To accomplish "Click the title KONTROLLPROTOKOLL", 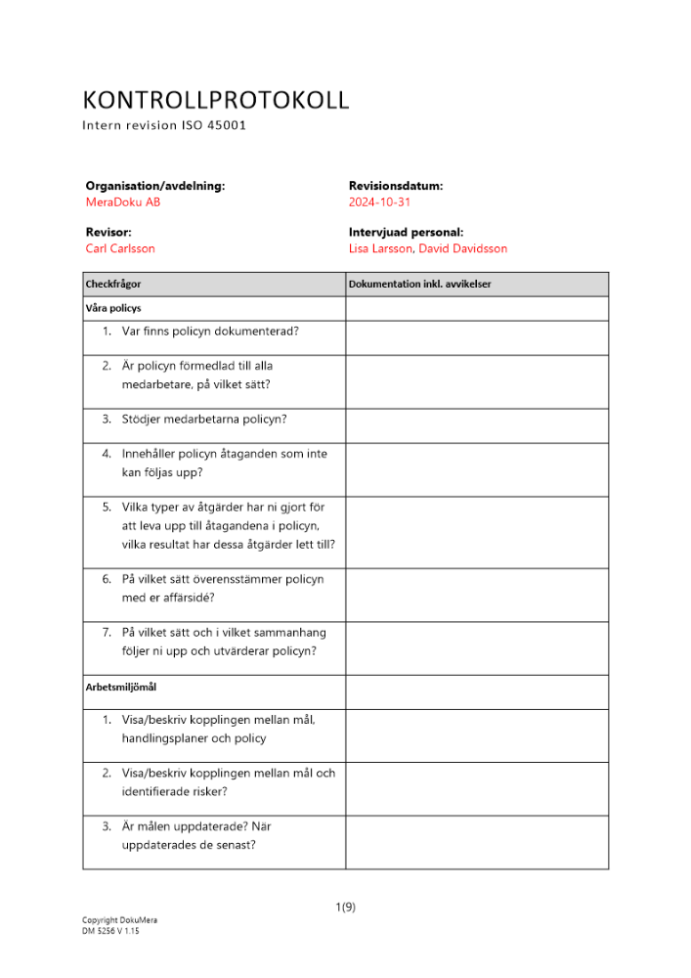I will coord(215,100).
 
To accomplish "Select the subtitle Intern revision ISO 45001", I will coord(170,126).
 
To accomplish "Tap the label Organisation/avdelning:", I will coord(155,185).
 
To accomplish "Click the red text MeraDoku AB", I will coord(123,202).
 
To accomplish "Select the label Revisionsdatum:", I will coord(396,185).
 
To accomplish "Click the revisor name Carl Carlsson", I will coord(120,248).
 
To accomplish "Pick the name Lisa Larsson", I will coord(381,248).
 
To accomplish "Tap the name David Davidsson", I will coord(463,248).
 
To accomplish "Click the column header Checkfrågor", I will coord(113,285).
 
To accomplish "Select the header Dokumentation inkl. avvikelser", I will coord(419,285).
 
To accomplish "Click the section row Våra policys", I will coord(113,308).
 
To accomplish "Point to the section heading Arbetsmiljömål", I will coord(121,688).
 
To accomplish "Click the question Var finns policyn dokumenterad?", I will coord(210,331).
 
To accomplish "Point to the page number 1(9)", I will coord(345,907).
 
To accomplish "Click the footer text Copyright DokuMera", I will coord(119,920).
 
